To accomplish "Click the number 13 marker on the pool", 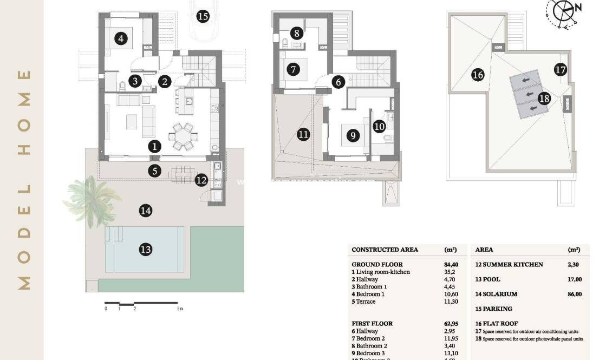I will pyautogui.click(x=145, y=250).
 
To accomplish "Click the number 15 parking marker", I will pyautogui.click(x=203, y=16).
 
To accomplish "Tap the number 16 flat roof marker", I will pyautogui.click(x=477, y=75).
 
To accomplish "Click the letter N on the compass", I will pyautogui.click(x=578, y=8).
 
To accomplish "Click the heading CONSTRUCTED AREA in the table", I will pyautogui.click(x=385, y=250).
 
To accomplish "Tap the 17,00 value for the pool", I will pyautogui.click(x=574, y=279).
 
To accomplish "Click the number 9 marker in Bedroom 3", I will pyautogui.click(x=353, y=135).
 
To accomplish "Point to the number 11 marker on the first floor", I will pyautogui.click(x=303, y=134).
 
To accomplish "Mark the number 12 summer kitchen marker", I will pyautogui.click(x=201, y=180).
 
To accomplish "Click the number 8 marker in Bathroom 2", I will pyautogui.click(x=297, y=32).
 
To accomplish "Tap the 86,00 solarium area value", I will pyautogui.click(x=574, y=294).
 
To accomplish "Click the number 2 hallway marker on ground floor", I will pyautogui.click(x=165, y=82).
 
